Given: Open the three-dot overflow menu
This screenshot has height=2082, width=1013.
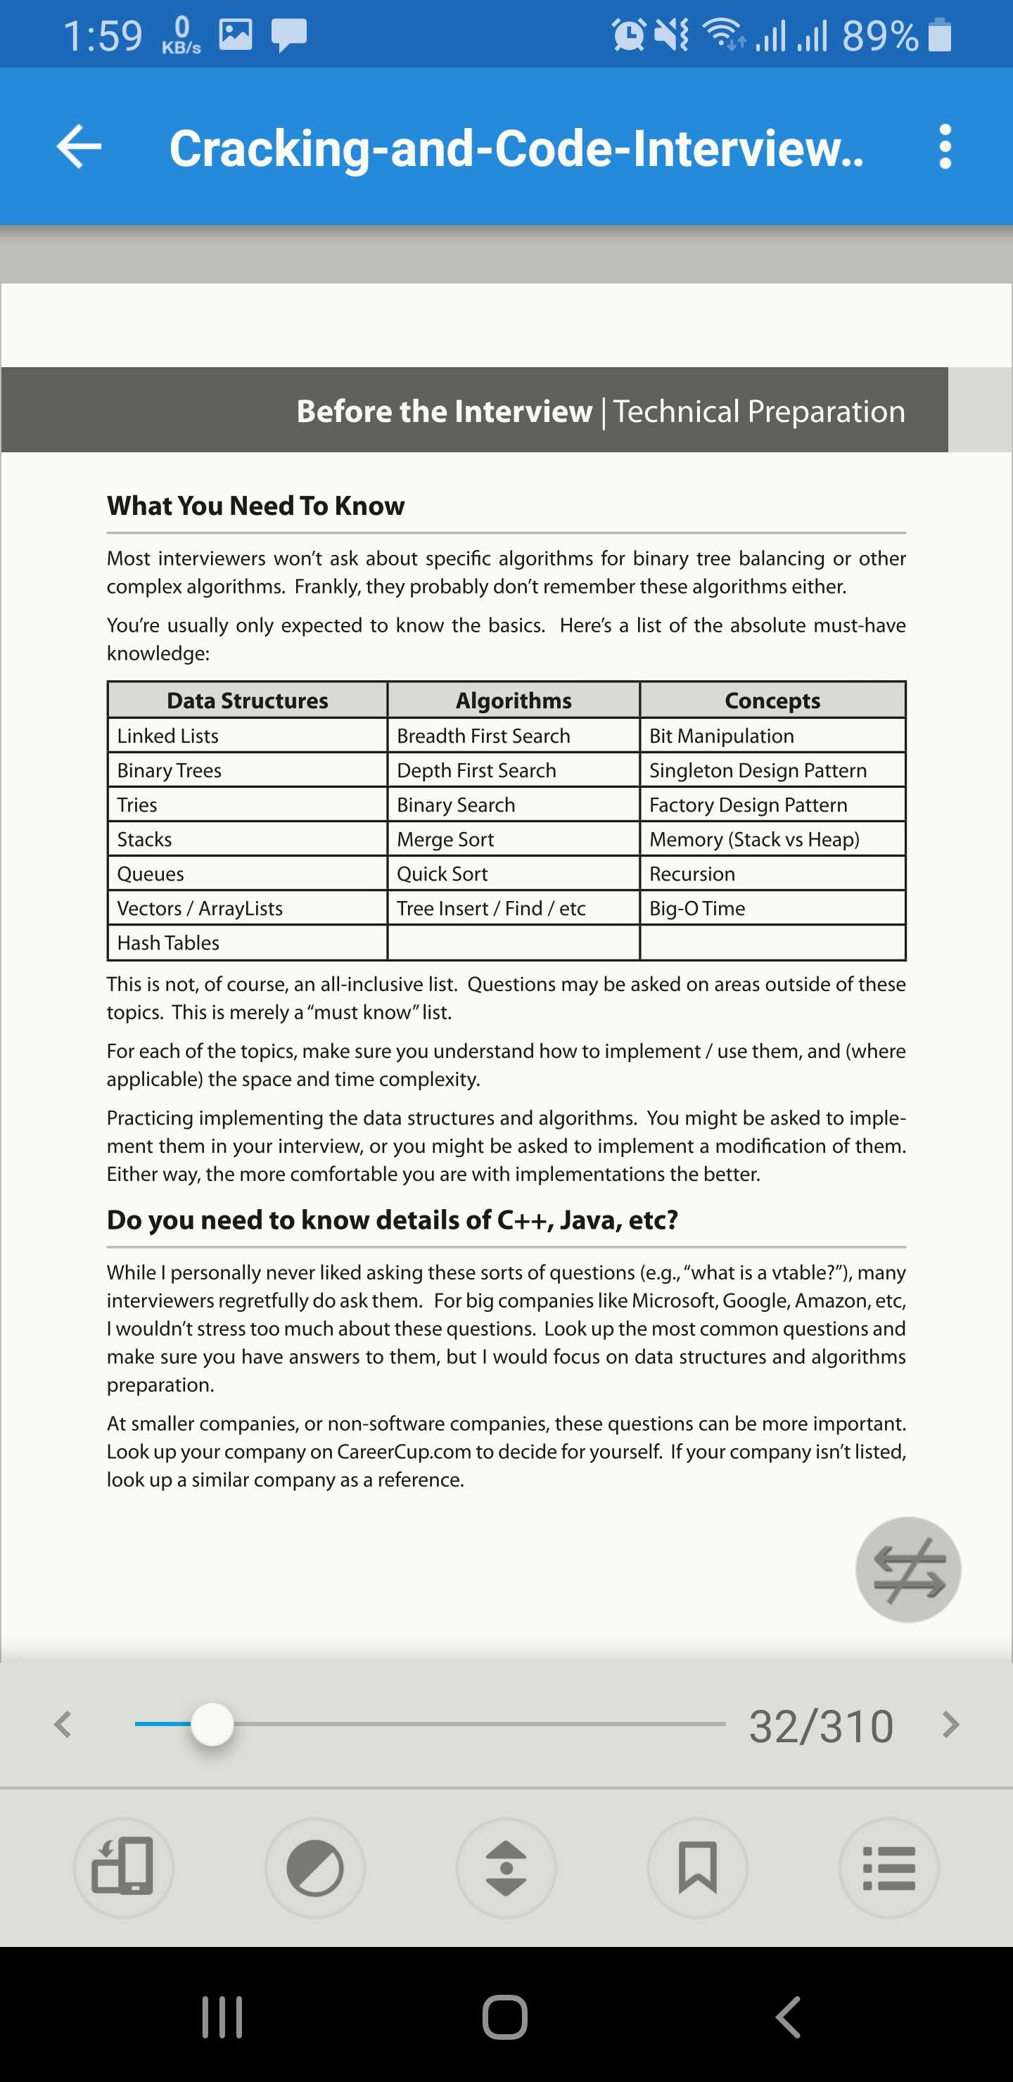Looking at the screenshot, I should (944, 146).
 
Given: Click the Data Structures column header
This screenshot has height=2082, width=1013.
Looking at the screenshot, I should (248, 701).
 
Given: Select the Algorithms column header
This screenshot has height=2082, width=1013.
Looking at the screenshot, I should (514, 701).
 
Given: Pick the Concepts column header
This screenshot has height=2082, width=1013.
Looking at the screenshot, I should (772, 701).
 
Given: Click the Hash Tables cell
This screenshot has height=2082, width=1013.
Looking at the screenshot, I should (168, 943).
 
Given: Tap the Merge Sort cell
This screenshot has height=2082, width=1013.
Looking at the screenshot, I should (445, 840).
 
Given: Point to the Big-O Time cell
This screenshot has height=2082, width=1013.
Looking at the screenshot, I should (697, 909).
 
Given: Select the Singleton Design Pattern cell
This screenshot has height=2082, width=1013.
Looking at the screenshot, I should (758, 771).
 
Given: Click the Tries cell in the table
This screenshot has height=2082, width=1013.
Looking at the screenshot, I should (137, 805).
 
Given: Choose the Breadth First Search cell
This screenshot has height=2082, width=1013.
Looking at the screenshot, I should (483, 736).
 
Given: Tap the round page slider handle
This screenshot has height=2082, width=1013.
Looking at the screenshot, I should (212, 1724).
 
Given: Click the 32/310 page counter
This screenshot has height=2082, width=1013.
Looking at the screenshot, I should (820, 1726).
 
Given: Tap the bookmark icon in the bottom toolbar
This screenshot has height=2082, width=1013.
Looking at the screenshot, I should (697, 1867).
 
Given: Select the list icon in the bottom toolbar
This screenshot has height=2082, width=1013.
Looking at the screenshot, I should (888, 1867).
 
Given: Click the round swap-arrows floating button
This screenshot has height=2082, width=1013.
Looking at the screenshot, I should (908, 1569).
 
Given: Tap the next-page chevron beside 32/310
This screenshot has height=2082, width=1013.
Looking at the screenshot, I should (951, 1725).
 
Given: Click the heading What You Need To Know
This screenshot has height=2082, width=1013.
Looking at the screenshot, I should (255, 506).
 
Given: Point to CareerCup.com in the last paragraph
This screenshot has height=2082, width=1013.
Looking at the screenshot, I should (403, 1452).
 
